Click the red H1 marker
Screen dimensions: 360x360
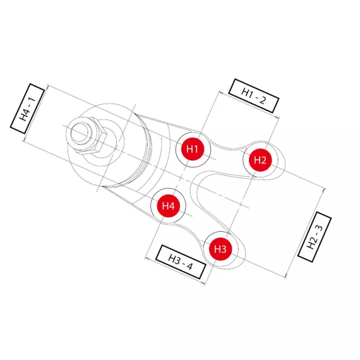pyautogui.click(x=193, y=149)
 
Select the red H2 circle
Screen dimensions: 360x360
pyautogui.click(x=260, y=160)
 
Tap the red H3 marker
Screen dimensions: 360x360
pyautogui.click(x=220, y=249)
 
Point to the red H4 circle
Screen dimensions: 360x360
pyautogui.click(x=168, y=206)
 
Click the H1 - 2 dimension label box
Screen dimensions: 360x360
pyautogui.click(x=254, y=96)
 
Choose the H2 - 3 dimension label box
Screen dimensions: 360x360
pyautogui.click(x=315, y=237)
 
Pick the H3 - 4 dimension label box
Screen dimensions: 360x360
pyautogui.click(x=181, y=261)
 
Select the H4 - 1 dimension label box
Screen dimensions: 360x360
pyautogui.click(x=27, y=109)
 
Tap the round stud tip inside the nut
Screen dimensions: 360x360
pyautogui.click(x=79, y=133)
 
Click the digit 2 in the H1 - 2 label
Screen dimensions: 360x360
pyautogui.click(x=262, y=100)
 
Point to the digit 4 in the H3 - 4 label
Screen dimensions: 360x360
pyautogui.click(x=189, y=266)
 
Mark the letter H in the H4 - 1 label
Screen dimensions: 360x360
pyautogui.click(x=24, y=117)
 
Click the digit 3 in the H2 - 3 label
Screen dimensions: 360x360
pyautogui.click(x=319, y=228)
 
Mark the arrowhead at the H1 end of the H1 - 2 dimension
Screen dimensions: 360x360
pyautogui.click(x=220, y=92)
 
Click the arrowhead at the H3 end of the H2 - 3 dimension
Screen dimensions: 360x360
pyautogui.click(x=286, y=275)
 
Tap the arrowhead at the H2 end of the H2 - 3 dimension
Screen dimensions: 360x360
pyautogui.click(x=324, y=190)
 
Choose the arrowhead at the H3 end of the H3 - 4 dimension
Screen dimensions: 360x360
pyautogui.click(x=203, y=284)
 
